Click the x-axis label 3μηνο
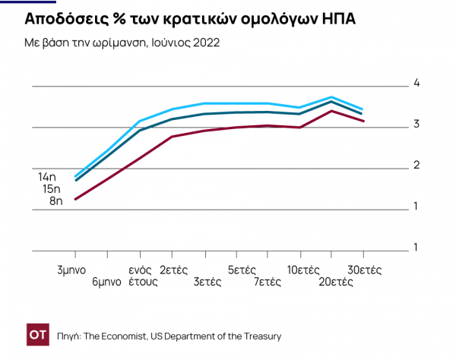point(71,270)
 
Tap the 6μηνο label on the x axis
point(106,282)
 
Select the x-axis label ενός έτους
point(141,276)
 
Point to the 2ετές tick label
point(174,270)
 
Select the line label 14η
point(47,177)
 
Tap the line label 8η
point(55,201)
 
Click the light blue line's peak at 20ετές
point(331,97)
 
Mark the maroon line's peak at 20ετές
point(331,111)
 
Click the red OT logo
point(38,335)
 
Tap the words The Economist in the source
point(116,336)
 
